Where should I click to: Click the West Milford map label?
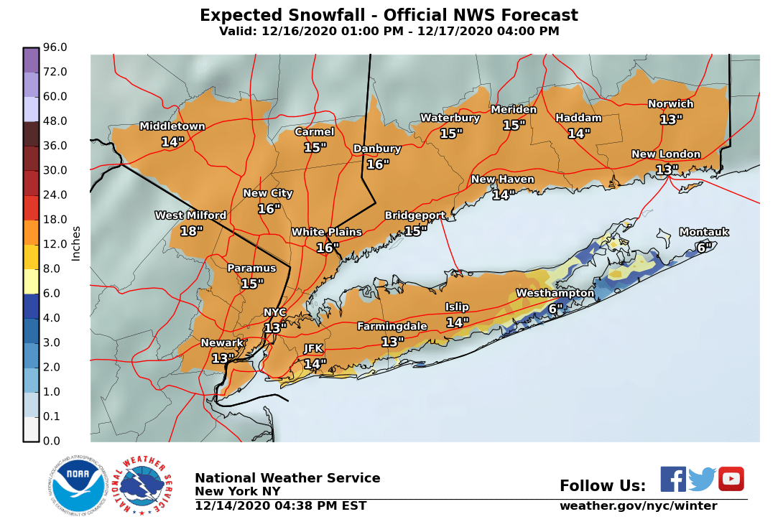pos(190,215)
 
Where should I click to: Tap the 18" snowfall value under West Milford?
pos(191,231)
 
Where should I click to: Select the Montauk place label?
pos(703,232)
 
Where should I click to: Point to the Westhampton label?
pos(555,293)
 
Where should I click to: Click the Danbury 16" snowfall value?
pos(378,164)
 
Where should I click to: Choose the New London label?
pos(665,154)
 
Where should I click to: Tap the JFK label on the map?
pos(313,348)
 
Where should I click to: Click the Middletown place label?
pos(172,126)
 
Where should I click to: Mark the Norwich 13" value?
pos(670,120)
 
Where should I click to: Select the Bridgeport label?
pos(415,215)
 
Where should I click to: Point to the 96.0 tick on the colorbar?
pos(55,47)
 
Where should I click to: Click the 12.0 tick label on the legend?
pos(55,244)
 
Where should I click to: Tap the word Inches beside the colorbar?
pos(76,243)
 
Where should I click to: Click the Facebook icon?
pos(673,479)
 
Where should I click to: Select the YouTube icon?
pos(731,479)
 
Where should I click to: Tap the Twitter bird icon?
pos(702,479)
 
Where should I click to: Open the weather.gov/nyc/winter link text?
pos(638,506)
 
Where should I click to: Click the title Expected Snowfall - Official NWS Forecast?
pos(389,15)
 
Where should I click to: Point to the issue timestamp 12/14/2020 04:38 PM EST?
pos(280,506)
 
